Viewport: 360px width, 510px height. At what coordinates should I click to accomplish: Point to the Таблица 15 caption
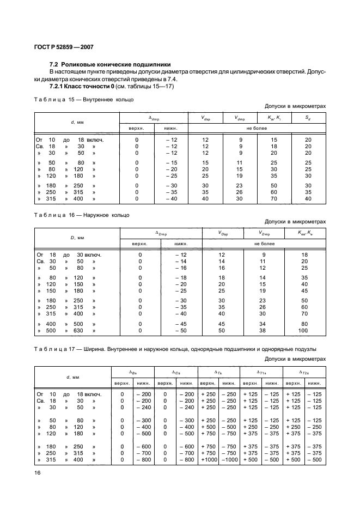(84, 100)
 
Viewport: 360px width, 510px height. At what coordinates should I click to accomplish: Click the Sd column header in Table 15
(308, 118)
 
